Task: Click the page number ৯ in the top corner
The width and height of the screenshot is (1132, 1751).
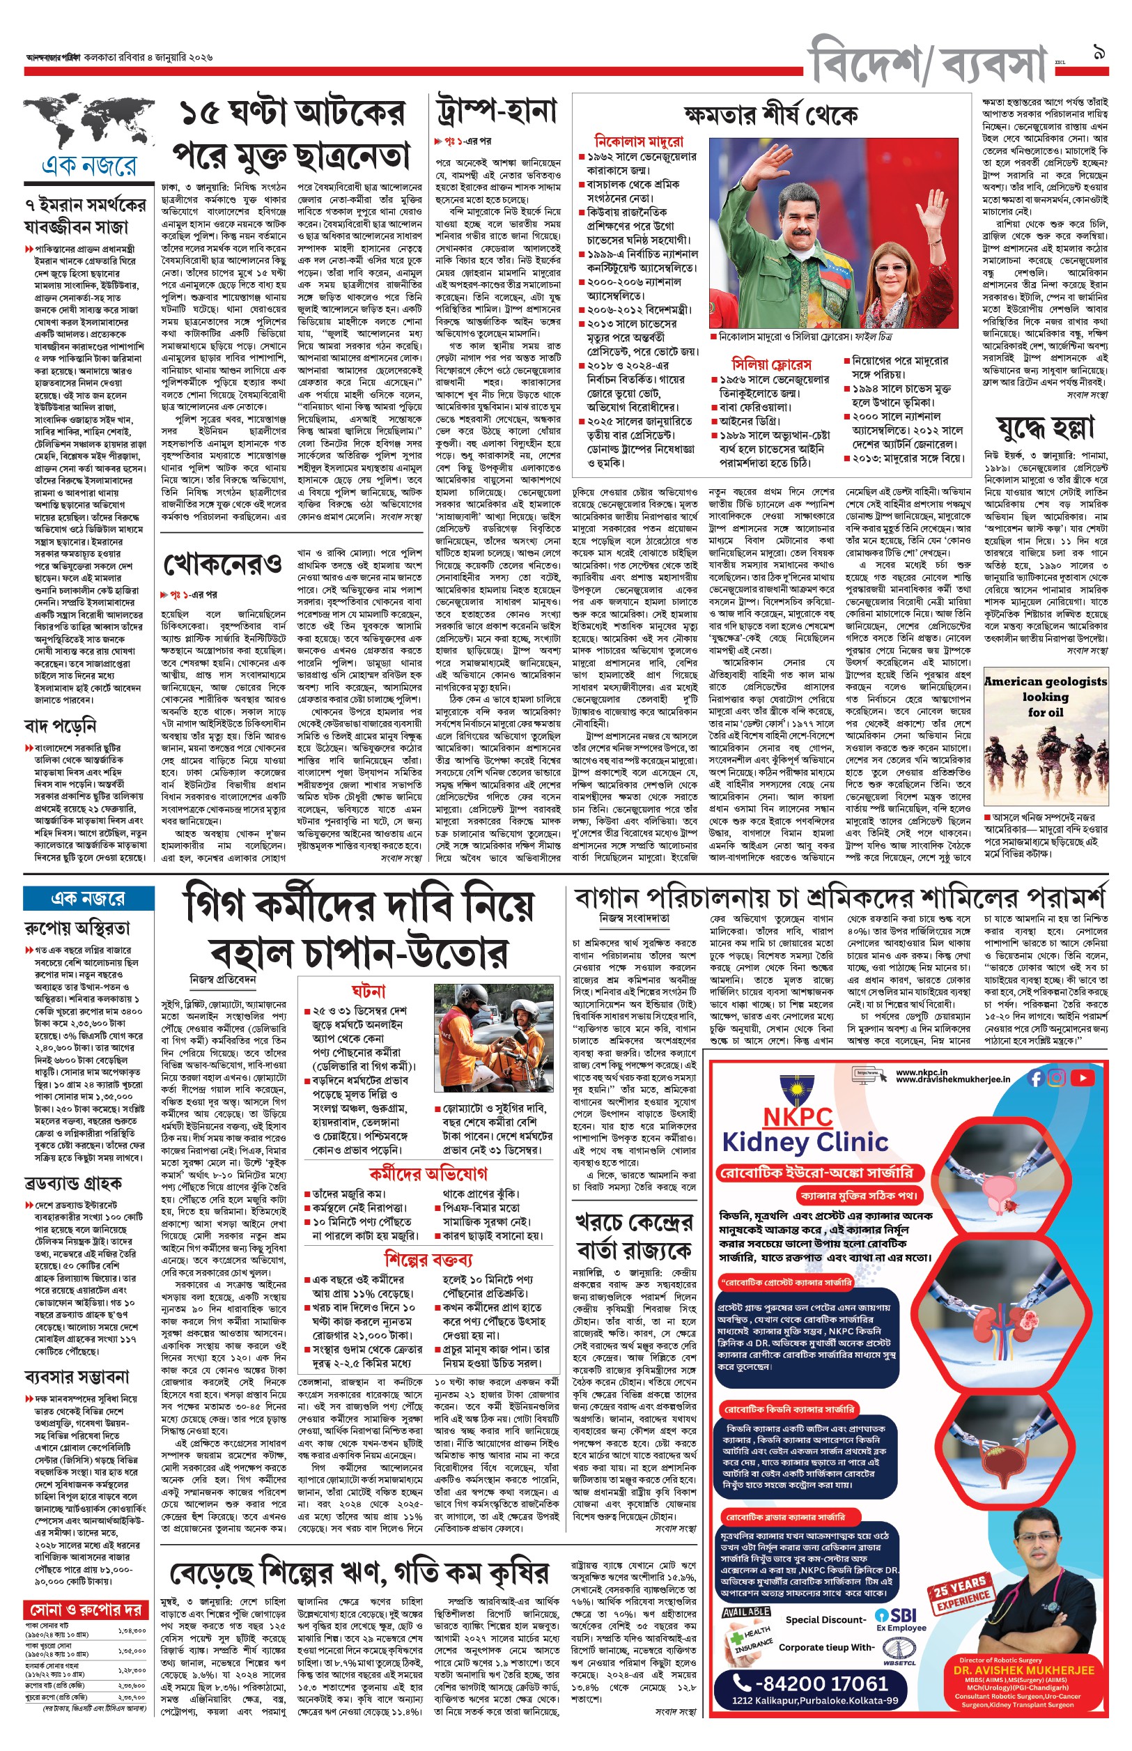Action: (1100, 52)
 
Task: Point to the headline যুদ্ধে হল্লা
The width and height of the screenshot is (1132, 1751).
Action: (1045, 427)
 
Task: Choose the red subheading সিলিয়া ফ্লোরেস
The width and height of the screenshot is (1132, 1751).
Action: (772, 364)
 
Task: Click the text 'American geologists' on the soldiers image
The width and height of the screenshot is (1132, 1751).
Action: (1045, 681)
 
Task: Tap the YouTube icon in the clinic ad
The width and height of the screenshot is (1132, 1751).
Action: (1082, 1079)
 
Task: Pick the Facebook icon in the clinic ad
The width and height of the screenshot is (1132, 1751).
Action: (1037, 1079)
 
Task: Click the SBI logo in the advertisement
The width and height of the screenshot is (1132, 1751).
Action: (895, 1616)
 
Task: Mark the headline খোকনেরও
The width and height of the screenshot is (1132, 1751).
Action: (223, 565)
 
